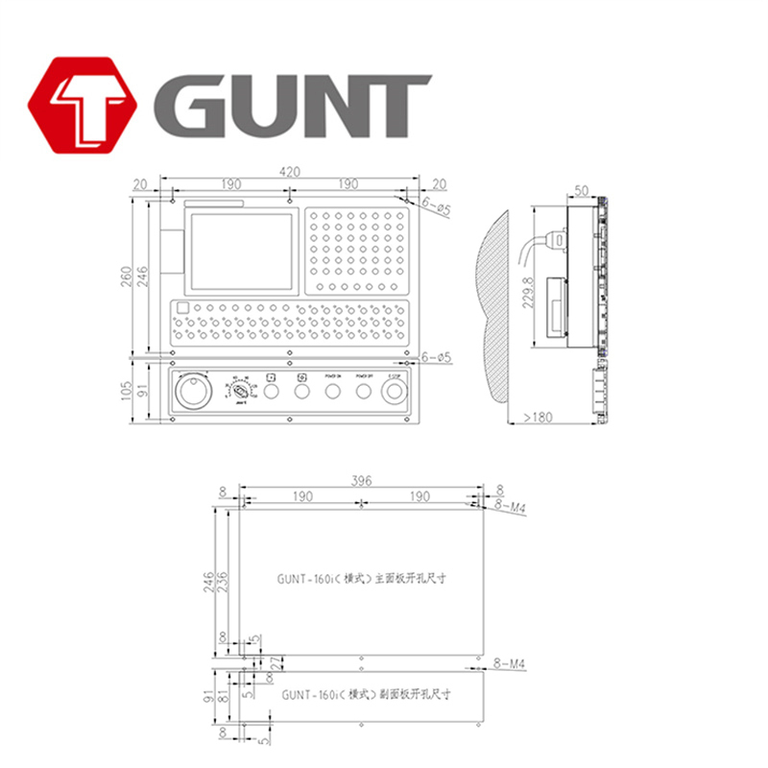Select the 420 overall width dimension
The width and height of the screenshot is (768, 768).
[290, 172]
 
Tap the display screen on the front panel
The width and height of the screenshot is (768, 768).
[242, 252]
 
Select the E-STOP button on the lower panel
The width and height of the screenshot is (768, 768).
[394, 392]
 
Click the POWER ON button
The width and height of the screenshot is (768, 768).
[333, 392]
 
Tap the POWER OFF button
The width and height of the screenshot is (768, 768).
[363, 392]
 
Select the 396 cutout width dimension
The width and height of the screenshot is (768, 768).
[361, 480]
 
